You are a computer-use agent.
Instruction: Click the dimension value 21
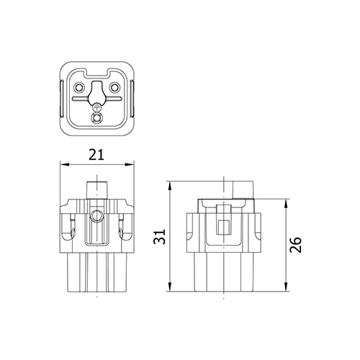[x=96, y=153]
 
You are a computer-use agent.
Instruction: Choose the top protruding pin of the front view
[x=97, y=188]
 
